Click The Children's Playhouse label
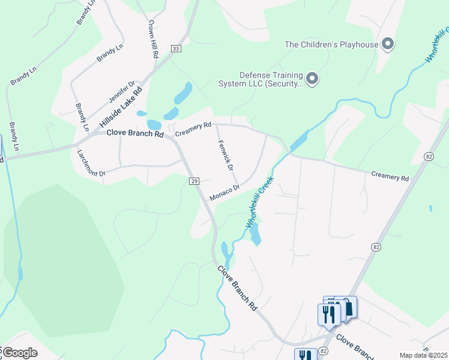coord(331,44)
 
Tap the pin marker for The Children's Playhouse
coord(388,43)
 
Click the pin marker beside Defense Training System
coord(312,79)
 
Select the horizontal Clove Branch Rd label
coord(135,134)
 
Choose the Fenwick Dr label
coord(224,155)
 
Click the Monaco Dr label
coord(224,192)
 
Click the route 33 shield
coord(175,49)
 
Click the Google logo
coord(19,353)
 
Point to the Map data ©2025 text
coord(424,355)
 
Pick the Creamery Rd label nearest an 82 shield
coord(390,176)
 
